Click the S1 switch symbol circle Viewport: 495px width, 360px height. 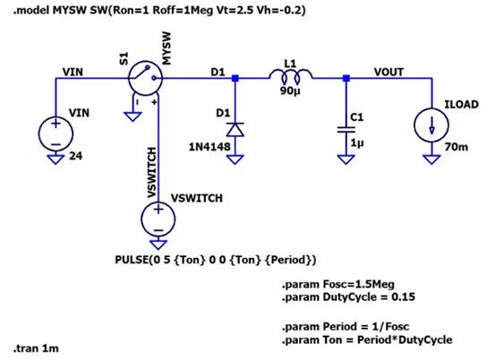click(147, 79)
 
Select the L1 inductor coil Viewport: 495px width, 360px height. click(290, 80)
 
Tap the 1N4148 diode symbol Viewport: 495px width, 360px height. click(235, 128)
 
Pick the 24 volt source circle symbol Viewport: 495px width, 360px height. click(55, 134)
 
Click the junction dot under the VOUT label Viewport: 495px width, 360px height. click(346, 80)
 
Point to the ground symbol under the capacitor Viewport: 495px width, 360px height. click(346, 159)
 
